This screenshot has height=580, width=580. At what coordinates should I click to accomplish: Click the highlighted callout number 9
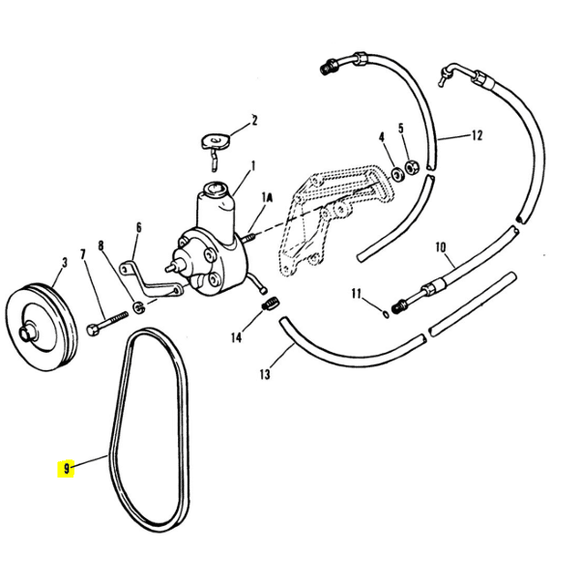tap(65, 469)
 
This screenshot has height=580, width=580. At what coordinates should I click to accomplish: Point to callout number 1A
tap(269, 196)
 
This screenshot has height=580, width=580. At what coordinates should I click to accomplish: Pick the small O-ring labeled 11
tap(385, 312)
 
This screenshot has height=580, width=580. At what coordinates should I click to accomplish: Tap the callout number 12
tap(476, 136)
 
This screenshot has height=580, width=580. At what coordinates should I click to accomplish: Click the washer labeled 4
tap(397, 175)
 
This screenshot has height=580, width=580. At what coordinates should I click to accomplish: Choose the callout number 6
tap(138, 227)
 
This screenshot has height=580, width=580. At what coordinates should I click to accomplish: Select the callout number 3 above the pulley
tap(64, 261)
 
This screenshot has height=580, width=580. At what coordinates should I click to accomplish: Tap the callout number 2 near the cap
tap(253, 121)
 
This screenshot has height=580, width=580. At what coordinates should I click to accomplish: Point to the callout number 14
tap(236, 337)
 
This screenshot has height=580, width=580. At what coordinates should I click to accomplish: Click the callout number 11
tap(356, 293)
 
